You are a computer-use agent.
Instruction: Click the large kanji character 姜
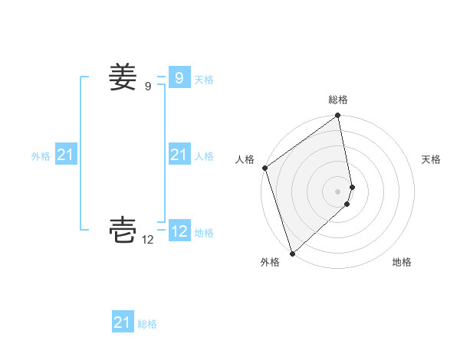(123, 77)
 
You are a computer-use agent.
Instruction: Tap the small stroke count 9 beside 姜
(148, 87)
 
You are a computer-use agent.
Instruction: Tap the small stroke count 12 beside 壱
(148, 240)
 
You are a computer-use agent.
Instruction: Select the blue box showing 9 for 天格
(179, 77)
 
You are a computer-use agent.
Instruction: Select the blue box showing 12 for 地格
(179, 231)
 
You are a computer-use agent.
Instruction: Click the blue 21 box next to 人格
(179, 155)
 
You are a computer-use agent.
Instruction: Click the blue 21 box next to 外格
(65, 155)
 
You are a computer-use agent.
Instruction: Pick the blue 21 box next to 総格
(122, 322)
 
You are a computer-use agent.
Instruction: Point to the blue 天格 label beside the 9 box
(204, 80)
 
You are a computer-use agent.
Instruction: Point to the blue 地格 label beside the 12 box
(204, 233)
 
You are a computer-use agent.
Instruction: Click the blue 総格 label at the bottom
(147, 325)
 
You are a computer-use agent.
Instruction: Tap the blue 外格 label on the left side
(41, 156)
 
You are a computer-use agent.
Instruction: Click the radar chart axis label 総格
(338, 100)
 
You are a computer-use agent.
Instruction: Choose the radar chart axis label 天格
(432, 159)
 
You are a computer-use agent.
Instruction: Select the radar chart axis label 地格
(402, 262)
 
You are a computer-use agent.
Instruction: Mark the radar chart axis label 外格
(270, 262)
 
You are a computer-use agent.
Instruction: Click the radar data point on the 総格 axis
(338, 116)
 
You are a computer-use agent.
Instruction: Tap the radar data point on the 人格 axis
(264, 168)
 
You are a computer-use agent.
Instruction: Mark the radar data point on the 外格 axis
(292, 253)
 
